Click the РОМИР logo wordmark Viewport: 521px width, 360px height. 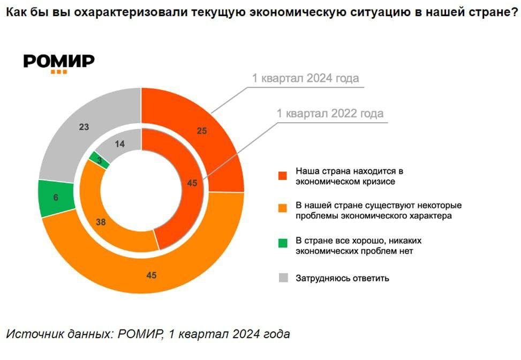pos(59,61)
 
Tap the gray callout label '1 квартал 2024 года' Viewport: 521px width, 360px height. pos(305,78)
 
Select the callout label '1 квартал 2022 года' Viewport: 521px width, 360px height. pos(330,114)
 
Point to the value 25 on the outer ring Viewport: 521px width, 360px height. pos(201,130)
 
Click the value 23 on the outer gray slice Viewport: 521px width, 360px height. pos(84,127)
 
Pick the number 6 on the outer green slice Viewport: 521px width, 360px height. pos(57,197)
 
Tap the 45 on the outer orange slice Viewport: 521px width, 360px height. pos(152,275)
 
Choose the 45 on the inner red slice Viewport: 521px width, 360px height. pos(193,183)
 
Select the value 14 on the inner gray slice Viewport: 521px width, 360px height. pos(120,144)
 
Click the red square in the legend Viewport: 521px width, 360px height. pos(283,176)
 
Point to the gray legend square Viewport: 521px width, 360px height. pos(283,278)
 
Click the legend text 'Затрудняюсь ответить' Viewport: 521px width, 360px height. pos(342,279)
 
